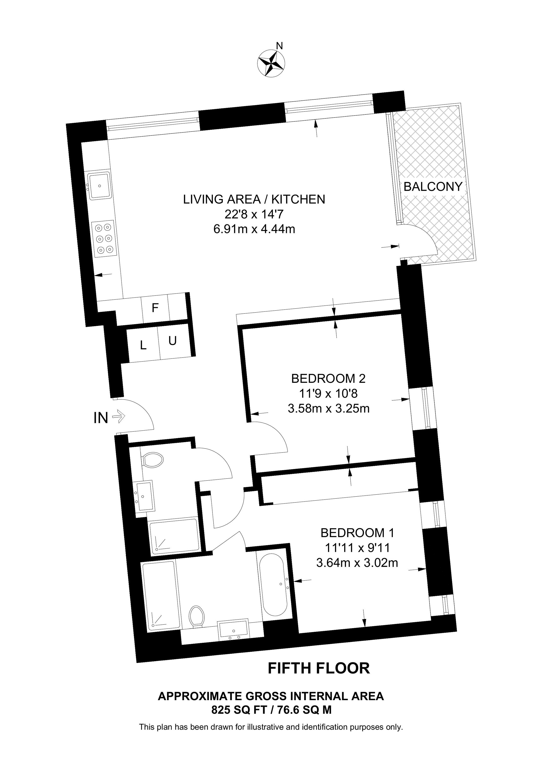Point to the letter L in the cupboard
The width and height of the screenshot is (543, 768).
click(143, 345)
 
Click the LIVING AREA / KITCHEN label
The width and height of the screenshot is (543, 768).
click(254, 199)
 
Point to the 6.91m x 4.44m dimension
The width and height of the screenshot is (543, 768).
click(254, 229)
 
